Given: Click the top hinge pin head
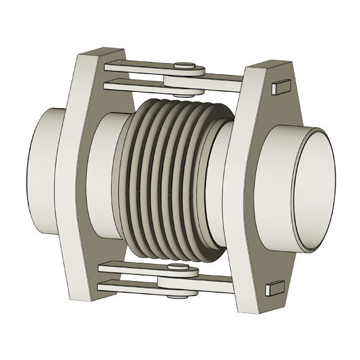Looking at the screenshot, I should point(181,66).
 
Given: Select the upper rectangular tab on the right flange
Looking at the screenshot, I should point(277,87).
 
